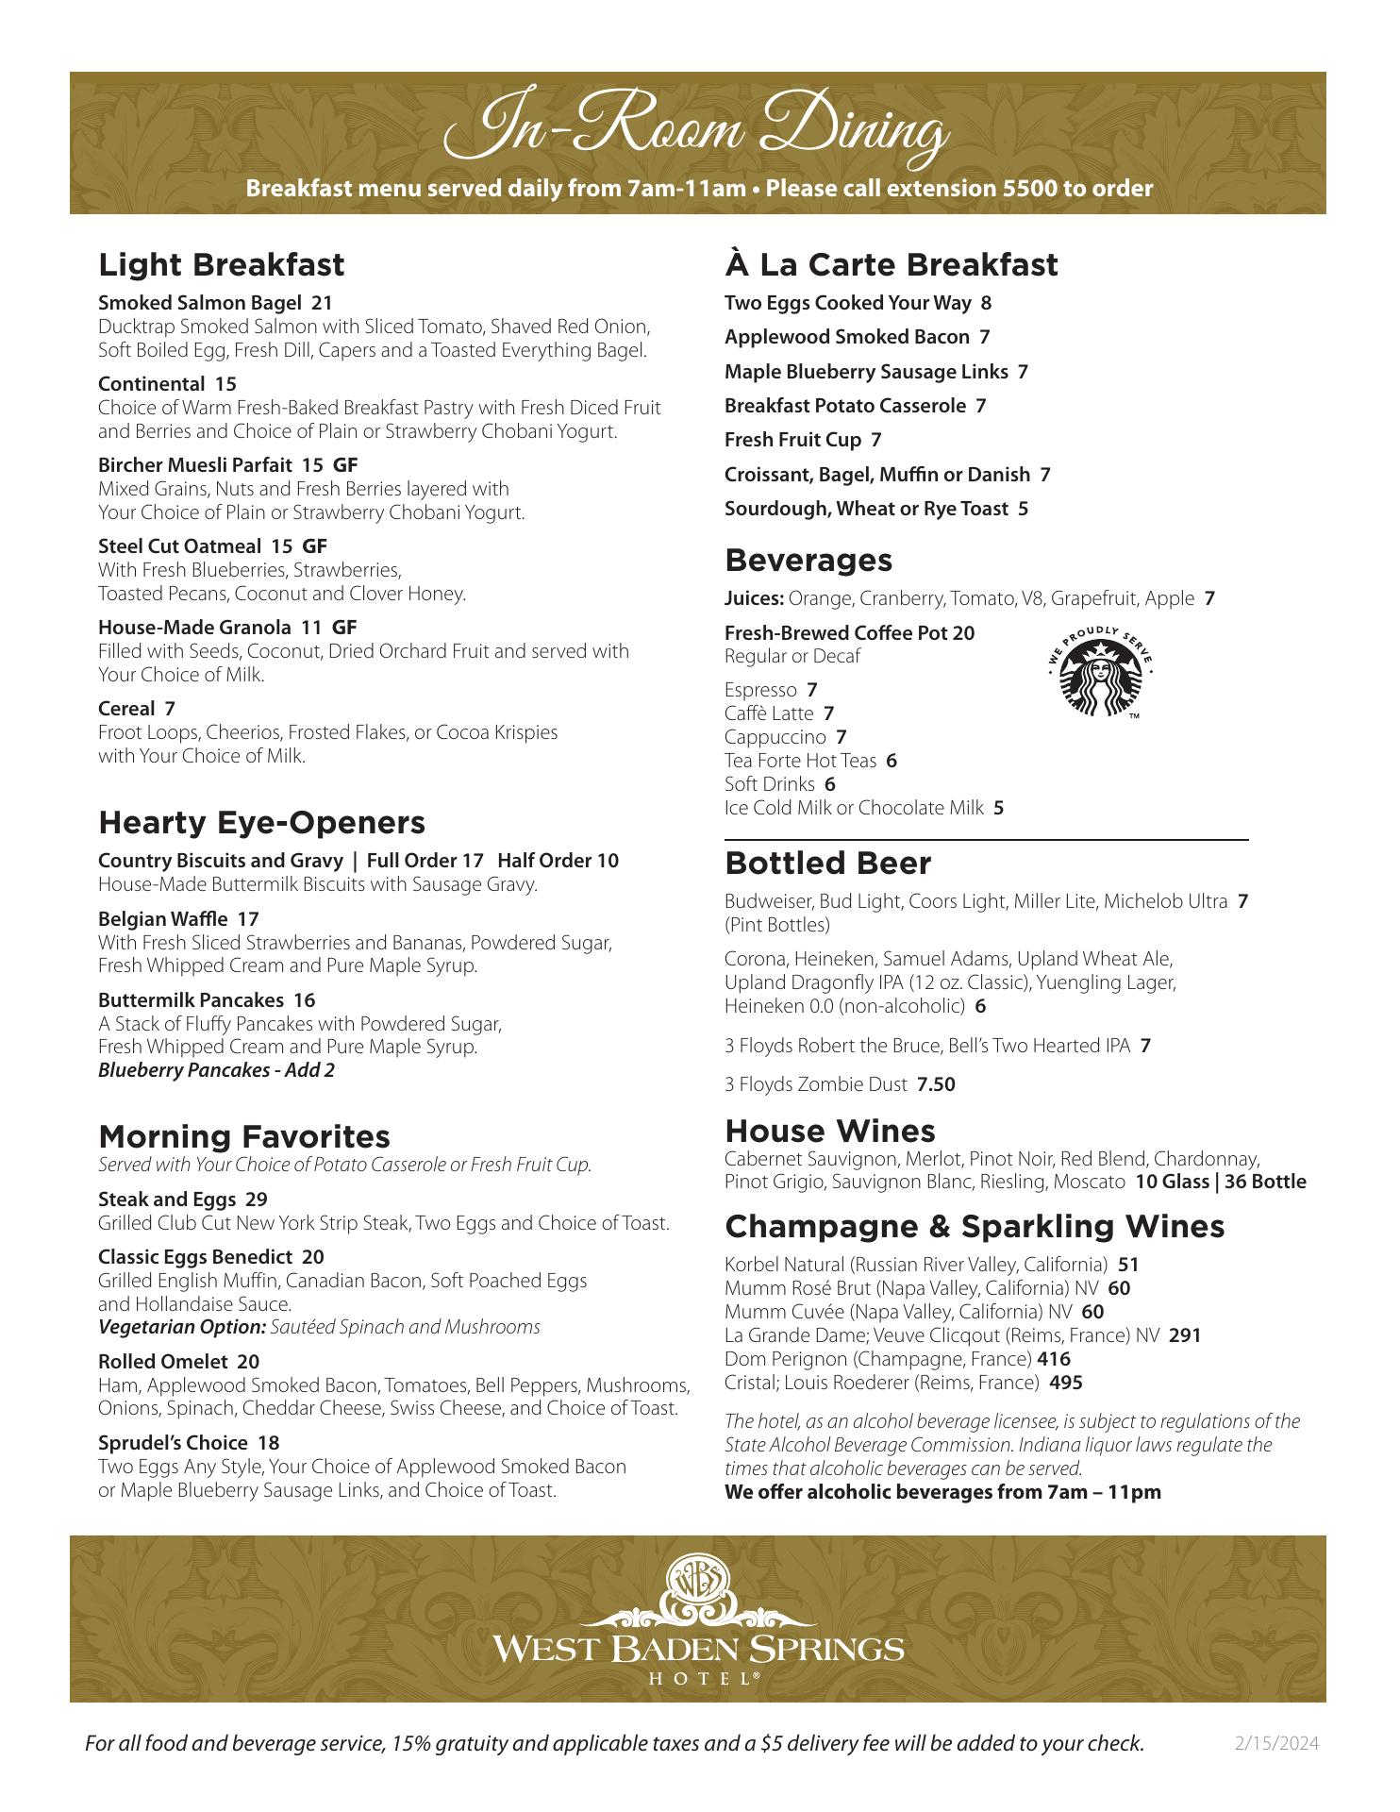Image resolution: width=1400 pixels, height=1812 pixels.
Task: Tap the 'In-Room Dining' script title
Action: pos(697,133)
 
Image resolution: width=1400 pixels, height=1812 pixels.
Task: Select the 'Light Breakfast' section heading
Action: pos(222,264)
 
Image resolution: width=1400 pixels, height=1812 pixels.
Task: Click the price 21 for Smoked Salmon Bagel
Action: pos(322,303)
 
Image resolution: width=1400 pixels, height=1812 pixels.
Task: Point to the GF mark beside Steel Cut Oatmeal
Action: pos(314,546)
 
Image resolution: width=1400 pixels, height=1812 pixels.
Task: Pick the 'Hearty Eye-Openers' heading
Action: pos(261,822)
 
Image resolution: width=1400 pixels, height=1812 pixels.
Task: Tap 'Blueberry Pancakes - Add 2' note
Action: pos(216,1070)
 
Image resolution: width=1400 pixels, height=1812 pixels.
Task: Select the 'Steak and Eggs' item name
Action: pos(166,1200)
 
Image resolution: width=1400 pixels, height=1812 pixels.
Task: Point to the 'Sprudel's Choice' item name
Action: pos(175,1443)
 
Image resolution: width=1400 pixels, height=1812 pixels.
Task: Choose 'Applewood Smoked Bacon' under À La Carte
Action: pos(846,337)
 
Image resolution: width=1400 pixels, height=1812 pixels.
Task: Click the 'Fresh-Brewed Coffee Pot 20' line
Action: pos(849,632)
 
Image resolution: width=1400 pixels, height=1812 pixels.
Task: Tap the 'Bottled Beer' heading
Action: pos(827,863)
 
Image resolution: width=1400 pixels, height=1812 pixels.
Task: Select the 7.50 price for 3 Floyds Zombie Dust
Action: pos(936,1084)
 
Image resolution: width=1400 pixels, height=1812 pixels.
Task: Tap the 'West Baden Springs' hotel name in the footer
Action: pos(698,1649)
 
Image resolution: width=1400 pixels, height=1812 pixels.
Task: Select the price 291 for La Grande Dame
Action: pos(1185,1335)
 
